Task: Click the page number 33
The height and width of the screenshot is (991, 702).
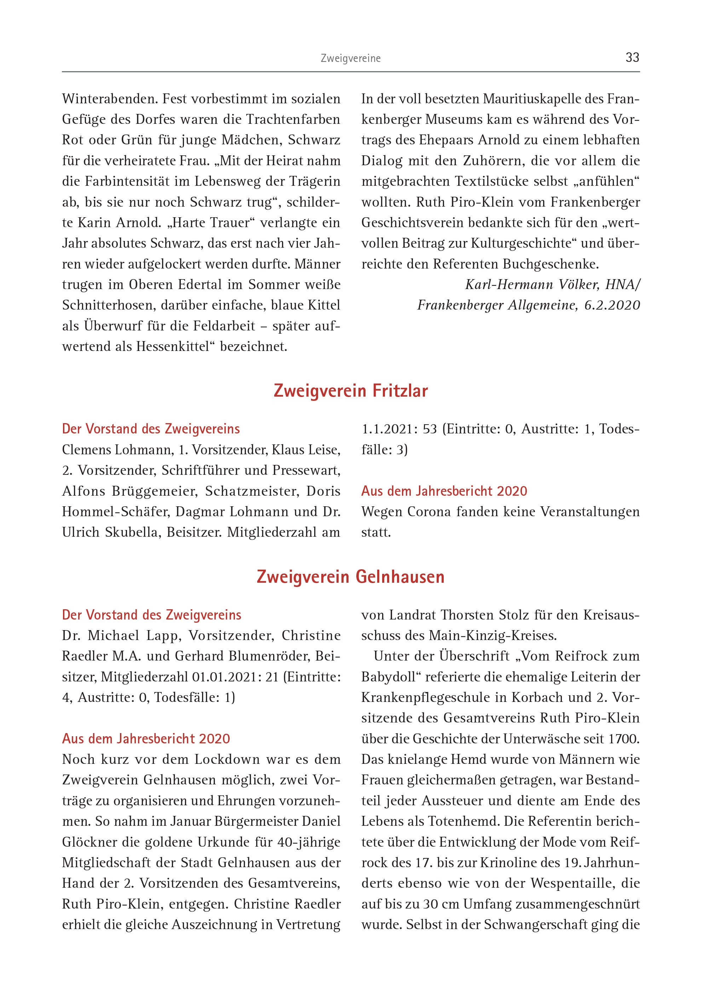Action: [632, 57]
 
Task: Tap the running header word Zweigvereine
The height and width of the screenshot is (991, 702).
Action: [351, 58]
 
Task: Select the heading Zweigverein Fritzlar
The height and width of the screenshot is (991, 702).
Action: [351, 391]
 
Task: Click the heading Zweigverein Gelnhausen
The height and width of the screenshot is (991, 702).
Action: [351, 577]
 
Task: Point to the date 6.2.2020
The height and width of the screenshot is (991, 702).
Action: [612, 305]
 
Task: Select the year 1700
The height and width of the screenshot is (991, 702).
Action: [623, 739]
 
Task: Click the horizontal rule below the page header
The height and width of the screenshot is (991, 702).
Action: [351, 72]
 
